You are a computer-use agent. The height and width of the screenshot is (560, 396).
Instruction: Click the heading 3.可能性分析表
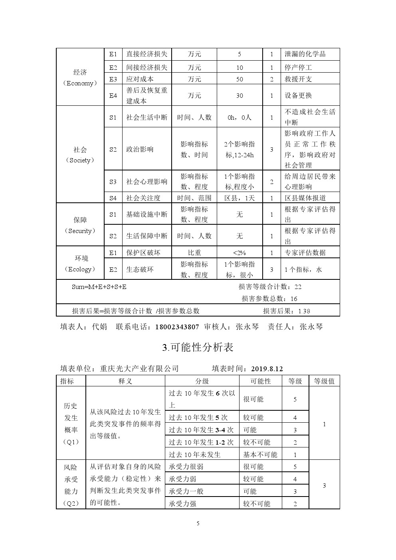pos(198,347)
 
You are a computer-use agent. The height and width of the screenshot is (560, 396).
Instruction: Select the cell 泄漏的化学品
pos(305,54)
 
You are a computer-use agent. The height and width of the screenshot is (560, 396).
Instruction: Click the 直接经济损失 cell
pos(147,54)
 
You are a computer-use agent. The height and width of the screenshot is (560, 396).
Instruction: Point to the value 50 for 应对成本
pos(240,79)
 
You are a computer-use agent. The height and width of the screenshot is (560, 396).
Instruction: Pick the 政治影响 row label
pos(140,149)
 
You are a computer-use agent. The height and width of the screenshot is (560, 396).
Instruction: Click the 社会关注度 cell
pos(143,198)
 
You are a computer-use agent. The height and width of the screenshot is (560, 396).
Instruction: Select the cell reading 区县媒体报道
pos(305,198)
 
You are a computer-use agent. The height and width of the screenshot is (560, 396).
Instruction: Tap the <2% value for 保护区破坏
pos(240,252)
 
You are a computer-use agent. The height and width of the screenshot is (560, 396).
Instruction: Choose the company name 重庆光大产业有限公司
pos(139,368)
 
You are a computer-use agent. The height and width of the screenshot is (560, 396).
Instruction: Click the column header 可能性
pos(260,381)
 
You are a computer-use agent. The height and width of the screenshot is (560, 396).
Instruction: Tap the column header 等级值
pos(324,381)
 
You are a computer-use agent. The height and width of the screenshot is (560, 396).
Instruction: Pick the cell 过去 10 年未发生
pos(194,455)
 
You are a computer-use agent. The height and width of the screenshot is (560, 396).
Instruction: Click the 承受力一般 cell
pos(186,491)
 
